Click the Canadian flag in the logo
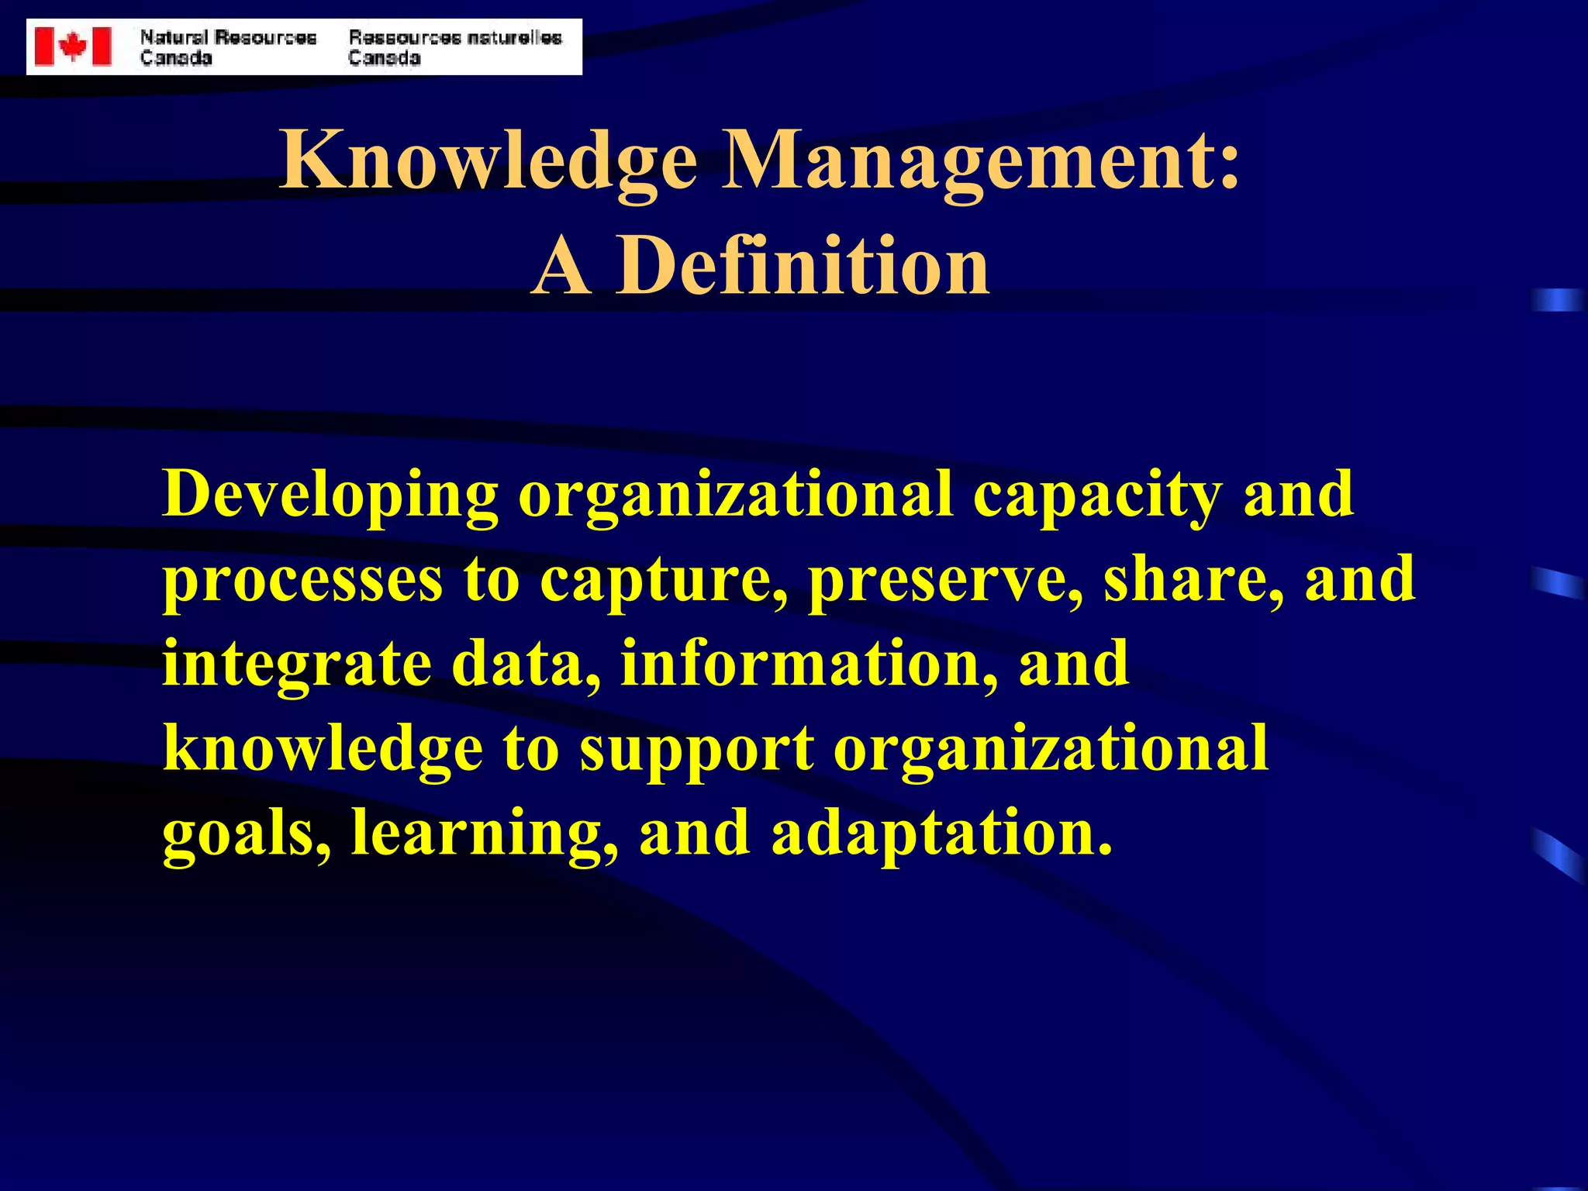[73, 47]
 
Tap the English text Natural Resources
[228, 37]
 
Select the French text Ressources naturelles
[455, 37]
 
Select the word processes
[302, 582]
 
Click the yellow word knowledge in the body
[323, 751]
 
